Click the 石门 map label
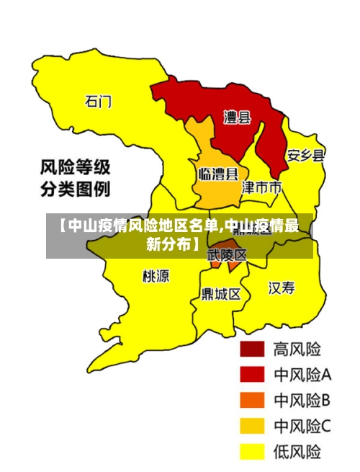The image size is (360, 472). click(x=99, y=102)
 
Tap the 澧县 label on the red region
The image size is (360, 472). click(x=237, y=117)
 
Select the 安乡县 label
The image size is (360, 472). click(x=305, y=155)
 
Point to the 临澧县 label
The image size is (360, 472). click(x=218, y=174)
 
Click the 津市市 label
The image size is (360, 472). click(x=261, y=188)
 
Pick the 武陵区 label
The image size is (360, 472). click(x=227, y=255)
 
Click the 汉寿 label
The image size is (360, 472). click(x=282, y=288)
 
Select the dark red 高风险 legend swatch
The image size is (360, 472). click(x=252, y=349)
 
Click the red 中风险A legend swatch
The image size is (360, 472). click(x=252, y=375)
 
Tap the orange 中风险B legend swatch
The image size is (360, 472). click(x=252, y=400)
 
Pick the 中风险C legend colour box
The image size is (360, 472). click(x=252, y=426)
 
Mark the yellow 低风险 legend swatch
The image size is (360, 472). click(x=252, y=452)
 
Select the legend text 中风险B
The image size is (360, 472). click(x=302, y=400)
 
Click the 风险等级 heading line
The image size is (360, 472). click(x=74, y=169)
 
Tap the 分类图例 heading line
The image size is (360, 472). click(x=74, y=190)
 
